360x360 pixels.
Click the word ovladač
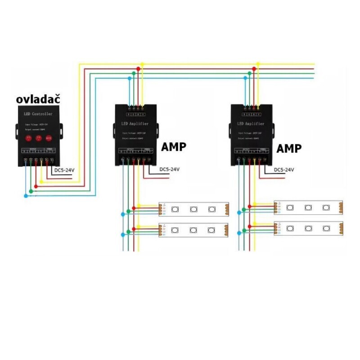point(38,99)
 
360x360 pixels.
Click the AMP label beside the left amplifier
point(173,147)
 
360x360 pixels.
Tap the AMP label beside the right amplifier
point(289,148)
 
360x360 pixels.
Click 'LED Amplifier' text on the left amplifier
point(136,123)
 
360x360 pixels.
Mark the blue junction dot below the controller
point(26,196)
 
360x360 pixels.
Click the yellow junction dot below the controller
point(41,182)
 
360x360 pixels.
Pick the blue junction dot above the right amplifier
point(245,78)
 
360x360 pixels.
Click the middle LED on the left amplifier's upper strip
point(193,209)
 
